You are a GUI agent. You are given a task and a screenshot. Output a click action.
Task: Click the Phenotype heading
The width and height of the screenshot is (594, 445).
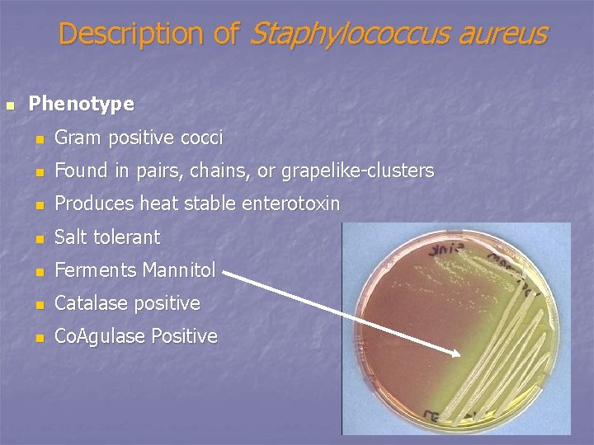[81, 104]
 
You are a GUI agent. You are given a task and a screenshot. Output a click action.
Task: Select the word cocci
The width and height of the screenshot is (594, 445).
[201, 138]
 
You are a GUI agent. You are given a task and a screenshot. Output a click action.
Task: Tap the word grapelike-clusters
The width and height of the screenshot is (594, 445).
[357, 171]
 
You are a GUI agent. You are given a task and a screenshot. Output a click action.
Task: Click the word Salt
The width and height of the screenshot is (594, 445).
[71, 237]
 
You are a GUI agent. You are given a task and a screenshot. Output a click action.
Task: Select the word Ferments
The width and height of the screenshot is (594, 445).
[95, 269]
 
